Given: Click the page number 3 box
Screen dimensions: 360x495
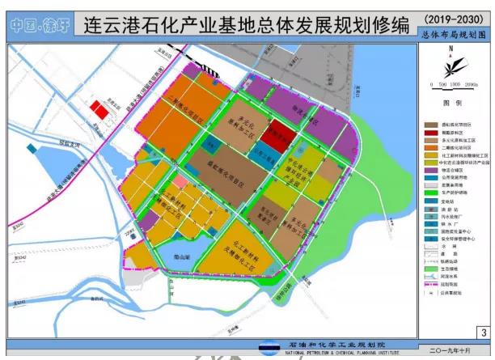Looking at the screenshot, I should pos(482,331).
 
